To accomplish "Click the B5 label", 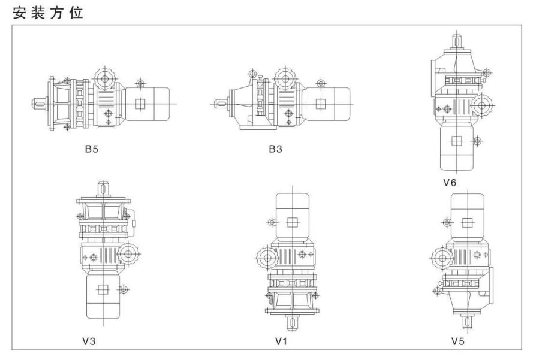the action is click(92, 149).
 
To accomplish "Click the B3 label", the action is click(275, 149).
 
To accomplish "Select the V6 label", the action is click(450, 183).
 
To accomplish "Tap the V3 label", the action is click(89, 341).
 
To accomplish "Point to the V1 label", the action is click(281, 341).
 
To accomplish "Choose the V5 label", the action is click(458, 341).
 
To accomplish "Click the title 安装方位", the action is click(48, 13).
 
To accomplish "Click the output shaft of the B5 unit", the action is click(40, 104).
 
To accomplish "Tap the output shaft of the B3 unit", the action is click(221, 104).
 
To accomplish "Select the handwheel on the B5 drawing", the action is click(105, 79).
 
